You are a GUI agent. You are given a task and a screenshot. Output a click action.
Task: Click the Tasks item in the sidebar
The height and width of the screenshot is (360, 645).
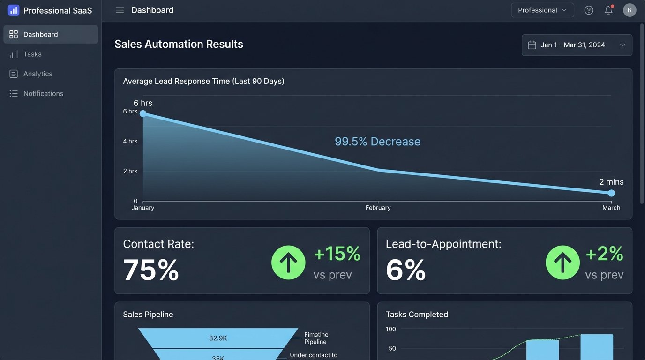tap(32, 54)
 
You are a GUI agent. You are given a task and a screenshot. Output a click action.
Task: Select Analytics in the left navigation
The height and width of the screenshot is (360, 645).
tap(37, 74)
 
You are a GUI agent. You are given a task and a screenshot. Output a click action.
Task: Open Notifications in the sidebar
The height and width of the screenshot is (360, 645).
tap(43, 94)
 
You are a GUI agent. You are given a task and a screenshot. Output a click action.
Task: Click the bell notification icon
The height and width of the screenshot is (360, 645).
tap(608, 10)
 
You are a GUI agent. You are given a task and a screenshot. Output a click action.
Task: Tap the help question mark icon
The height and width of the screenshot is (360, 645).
tap(589, 10)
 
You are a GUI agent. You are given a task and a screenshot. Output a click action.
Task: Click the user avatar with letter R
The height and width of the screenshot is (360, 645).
tap(630, 10)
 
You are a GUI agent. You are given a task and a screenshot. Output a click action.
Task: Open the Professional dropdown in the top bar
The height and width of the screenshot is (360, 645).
tap(542, 10)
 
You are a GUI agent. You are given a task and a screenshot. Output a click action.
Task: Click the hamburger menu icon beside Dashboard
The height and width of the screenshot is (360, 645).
tap(120, 10)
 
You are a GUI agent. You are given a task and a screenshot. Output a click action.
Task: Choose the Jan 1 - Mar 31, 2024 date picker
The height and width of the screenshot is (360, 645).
tap(577, 45)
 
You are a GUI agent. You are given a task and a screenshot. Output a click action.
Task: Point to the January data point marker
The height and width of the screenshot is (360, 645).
tap(143, 113)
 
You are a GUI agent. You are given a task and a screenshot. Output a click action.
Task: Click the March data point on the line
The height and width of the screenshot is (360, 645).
tap(611, 193)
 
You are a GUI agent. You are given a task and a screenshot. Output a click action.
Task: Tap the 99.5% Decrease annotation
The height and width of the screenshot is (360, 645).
tap(377, 142)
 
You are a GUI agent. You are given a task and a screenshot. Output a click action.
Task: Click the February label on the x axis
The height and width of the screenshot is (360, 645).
tap(378, 208)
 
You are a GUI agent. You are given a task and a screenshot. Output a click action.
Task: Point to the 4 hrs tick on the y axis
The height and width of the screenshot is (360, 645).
tap(130, 141)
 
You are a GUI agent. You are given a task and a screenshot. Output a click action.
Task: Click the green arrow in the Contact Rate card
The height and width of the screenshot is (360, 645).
tap(288, 262)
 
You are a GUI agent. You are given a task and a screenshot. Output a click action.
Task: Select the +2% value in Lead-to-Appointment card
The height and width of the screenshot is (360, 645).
tap(604, 254)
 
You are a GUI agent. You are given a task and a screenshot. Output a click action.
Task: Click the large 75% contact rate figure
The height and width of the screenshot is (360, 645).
tap(151, 270)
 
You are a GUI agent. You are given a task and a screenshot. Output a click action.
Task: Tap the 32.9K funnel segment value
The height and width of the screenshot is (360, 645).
tap(218, 338)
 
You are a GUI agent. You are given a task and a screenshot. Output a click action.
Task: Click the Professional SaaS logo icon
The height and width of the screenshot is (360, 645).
tap(14, 10)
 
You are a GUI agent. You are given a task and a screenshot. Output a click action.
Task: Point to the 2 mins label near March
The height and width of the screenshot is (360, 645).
tap(611, 182)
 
